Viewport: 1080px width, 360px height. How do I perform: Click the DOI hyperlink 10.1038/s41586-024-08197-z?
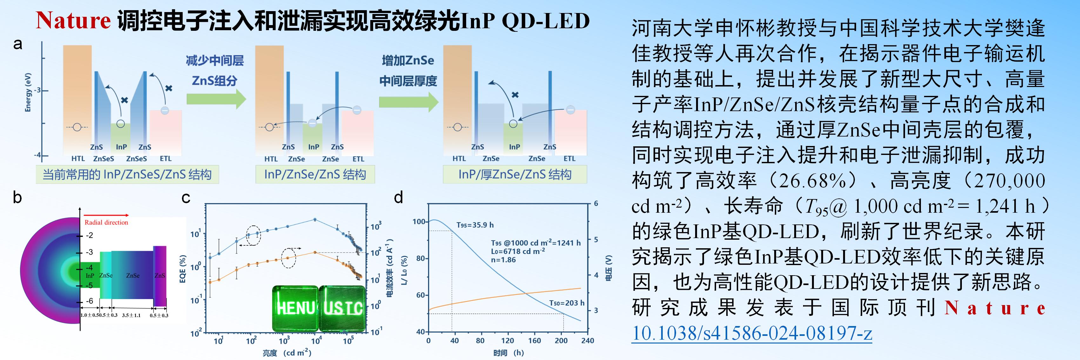[751, 333]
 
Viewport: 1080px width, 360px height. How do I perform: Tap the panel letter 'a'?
[17, 43]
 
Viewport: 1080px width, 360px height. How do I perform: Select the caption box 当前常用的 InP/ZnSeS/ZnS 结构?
[127, 174]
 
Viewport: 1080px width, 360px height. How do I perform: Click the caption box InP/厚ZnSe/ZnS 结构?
[514, 174]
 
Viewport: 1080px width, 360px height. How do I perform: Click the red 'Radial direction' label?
[106, 223]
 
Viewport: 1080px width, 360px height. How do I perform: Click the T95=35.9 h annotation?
[475, 225]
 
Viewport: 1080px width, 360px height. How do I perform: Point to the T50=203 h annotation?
[567, 303]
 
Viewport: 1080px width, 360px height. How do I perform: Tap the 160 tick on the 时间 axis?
[534, 341]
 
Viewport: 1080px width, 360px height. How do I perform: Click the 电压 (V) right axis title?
[609, 268]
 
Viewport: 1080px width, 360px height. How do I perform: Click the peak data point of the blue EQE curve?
[315, 219]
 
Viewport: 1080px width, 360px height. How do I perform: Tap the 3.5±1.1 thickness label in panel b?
[131, 315]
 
